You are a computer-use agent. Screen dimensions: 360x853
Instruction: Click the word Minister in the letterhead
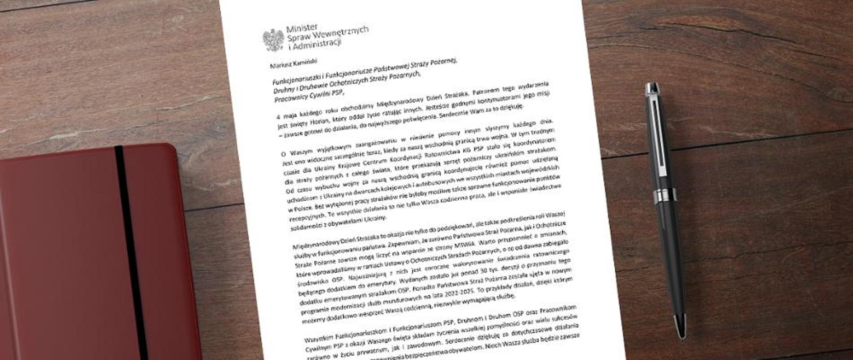point(302,28)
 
